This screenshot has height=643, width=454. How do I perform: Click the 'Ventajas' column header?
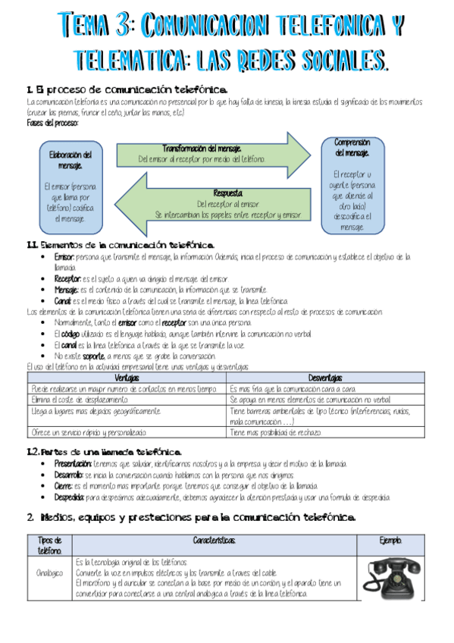[x=126, y=378]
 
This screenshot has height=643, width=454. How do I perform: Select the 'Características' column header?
[x=214, y=540]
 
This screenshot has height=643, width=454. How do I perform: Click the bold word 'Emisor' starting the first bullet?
[x=64, y=258]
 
